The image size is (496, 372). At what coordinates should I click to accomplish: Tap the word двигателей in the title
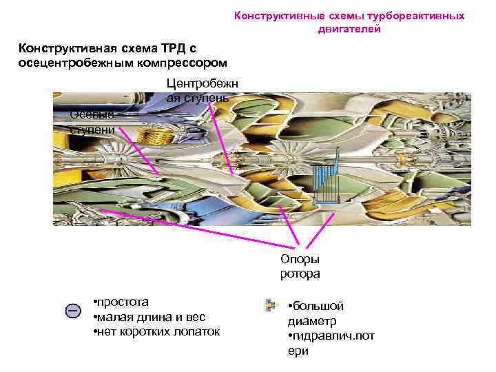click(350, 30)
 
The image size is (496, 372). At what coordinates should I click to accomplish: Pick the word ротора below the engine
click(300, 273)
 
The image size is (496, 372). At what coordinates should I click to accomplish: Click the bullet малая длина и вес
click(148, 317)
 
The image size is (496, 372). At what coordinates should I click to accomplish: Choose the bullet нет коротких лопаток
click(156, 332)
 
